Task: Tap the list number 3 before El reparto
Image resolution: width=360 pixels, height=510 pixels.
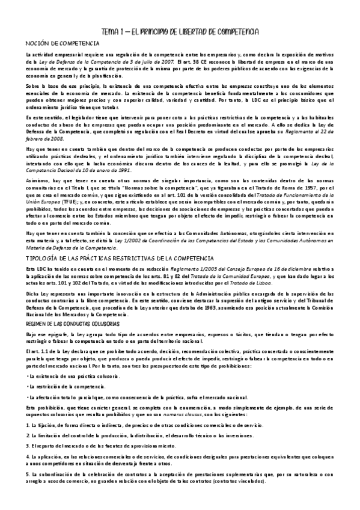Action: pos(28,446)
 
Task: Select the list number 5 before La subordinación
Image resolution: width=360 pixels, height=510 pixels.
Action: pos(28,475)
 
